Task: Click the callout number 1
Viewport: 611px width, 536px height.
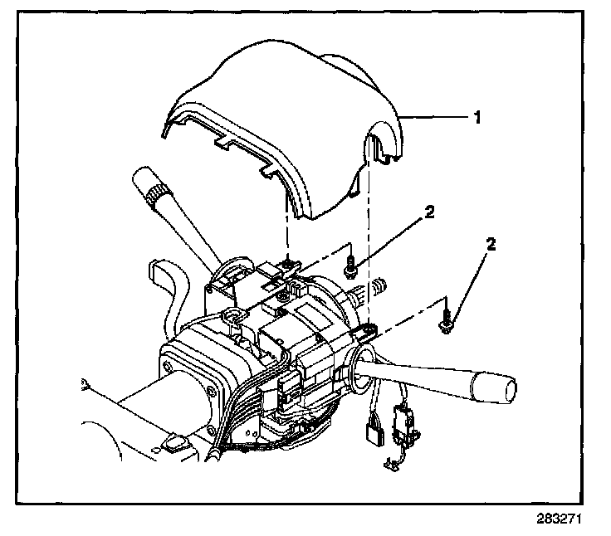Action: tap(478, 119)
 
